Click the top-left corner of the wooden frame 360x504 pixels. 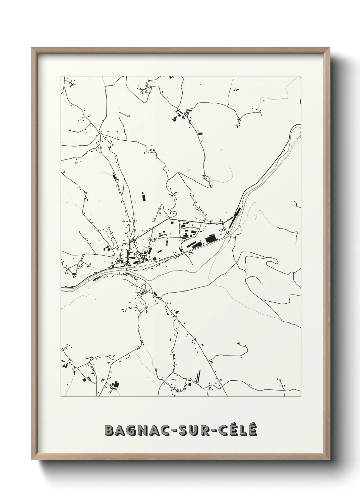coord(32,48)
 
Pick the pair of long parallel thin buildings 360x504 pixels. coord(197,376)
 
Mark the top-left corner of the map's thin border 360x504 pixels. coord(61,76)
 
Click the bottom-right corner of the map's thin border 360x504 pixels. coord(301,397)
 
